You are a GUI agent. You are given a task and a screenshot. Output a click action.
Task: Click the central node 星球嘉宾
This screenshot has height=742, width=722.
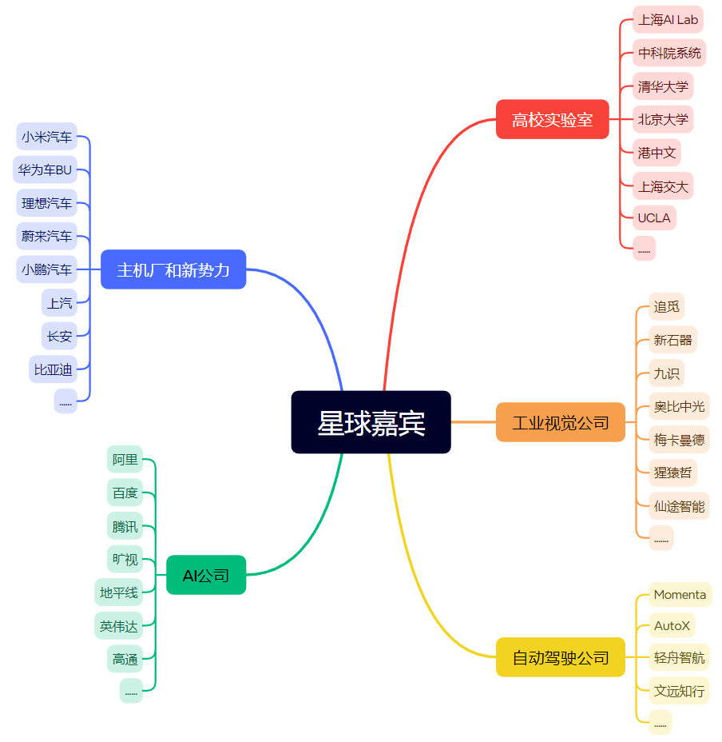(371, 422)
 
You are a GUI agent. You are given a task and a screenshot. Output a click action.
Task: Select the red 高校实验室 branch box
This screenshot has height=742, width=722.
(552, 120)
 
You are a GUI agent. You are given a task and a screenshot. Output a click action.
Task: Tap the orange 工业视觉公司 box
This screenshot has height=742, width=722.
(560, 422)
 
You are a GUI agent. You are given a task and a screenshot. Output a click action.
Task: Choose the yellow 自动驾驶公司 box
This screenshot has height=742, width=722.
(560, 657)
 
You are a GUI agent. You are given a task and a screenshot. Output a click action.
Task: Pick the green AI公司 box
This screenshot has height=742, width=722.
(206, 575)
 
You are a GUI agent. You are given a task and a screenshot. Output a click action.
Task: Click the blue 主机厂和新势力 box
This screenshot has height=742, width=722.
(173, 269)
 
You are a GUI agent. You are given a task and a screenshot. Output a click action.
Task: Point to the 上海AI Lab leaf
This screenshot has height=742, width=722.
(668, 19)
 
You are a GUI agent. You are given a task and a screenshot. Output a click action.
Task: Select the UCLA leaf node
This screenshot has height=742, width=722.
(653, 217)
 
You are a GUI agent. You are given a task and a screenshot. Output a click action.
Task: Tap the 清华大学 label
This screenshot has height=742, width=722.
(662, 86)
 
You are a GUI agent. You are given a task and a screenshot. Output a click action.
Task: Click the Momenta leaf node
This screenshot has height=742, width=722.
(680, 594)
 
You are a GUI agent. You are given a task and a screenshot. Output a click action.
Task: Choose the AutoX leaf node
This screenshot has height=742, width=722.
(672, 625)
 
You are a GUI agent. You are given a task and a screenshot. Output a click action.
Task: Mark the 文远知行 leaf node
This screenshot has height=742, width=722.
(679, 690)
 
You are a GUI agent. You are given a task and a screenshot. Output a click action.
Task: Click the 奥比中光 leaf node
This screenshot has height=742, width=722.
(679, 406)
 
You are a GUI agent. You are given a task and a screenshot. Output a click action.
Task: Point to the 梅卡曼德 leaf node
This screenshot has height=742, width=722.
(679, 440)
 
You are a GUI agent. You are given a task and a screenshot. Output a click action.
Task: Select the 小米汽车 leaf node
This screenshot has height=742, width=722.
(46, 137)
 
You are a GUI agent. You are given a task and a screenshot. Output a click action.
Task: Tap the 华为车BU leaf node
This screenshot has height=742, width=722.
(45, 170)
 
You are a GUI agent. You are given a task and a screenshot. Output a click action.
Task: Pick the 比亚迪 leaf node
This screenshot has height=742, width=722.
(53, 369)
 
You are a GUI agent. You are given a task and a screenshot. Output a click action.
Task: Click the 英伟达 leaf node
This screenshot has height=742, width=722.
(118, 626)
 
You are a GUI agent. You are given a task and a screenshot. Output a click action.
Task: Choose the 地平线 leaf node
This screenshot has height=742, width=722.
(118, 592)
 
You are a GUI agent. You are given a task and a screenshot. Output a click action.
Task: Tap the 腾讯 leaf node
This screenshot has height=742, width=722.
(125, 526)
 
